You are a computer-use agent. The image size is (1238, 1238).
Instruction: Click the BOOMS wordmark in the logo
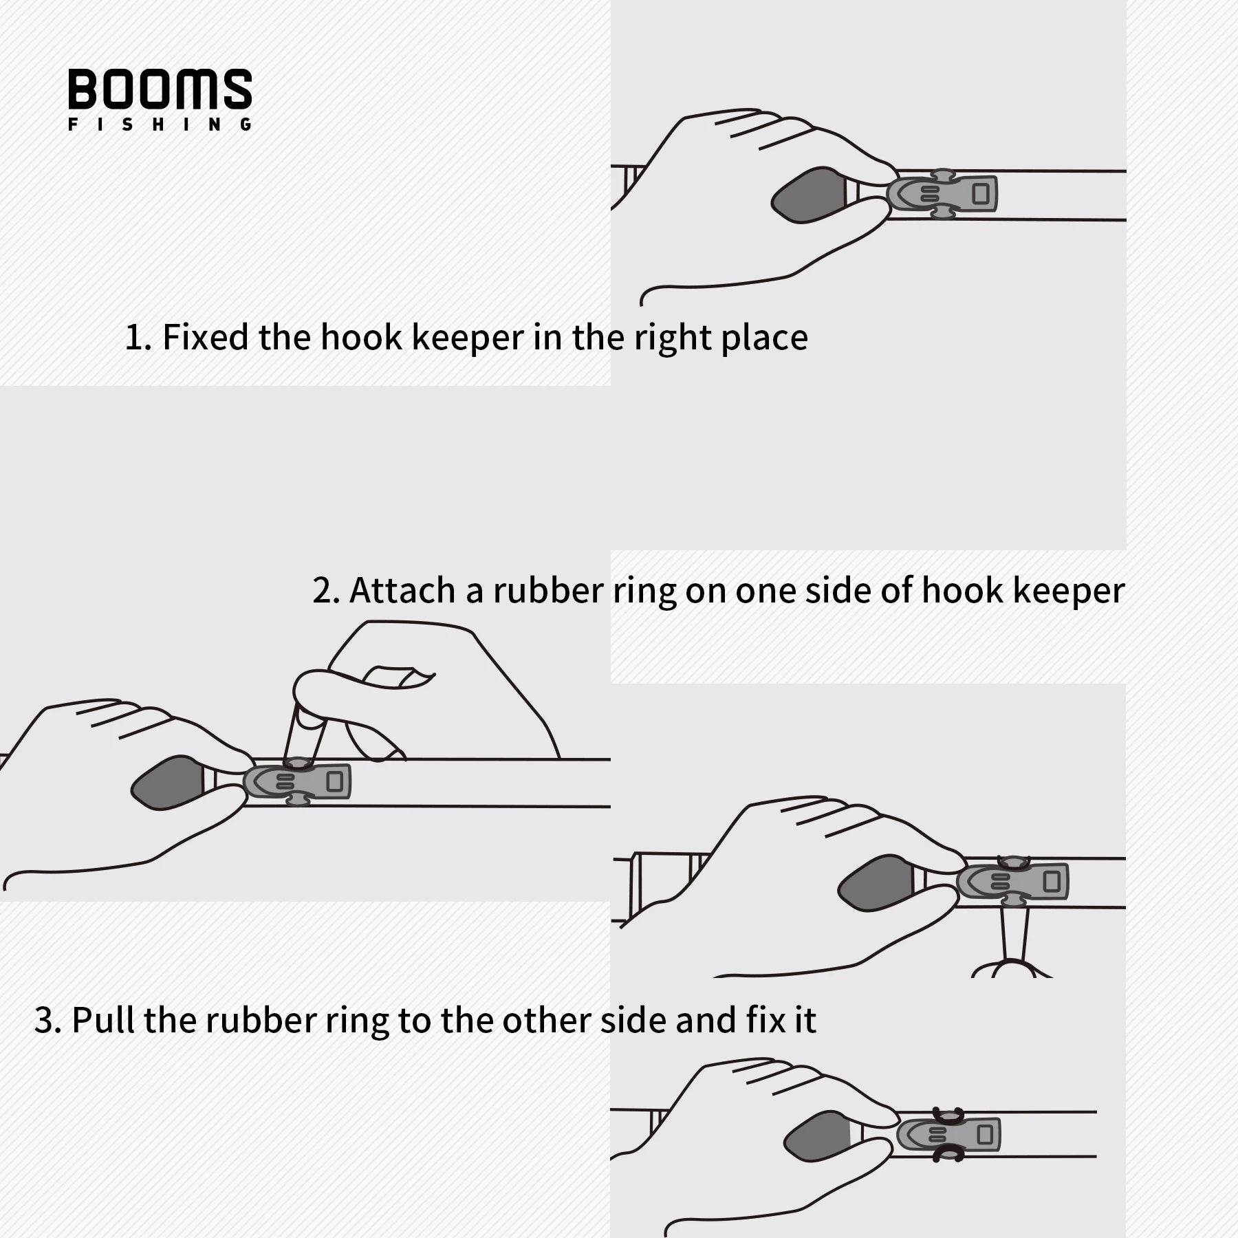(x=160, y=89)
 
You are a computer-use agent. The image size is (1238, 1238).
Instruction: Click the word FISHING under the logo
(x=160, y=124)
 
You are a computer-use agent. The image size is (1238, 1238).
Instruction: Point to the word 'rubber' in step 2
(x=548, y=590)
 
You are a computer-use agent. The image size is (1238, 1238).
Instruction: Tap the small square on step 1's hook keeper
(x=981, y=194)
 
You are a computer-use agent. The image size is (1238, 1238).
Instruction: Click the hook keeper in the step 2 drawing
(x=297, y=782)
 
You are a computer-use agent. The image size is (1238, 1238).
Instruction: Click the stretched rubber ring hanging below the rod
(x=1014, y=939)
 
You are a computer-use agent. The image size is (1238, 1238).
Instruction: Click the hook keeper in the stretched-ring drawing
(x=1012, y=882)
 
